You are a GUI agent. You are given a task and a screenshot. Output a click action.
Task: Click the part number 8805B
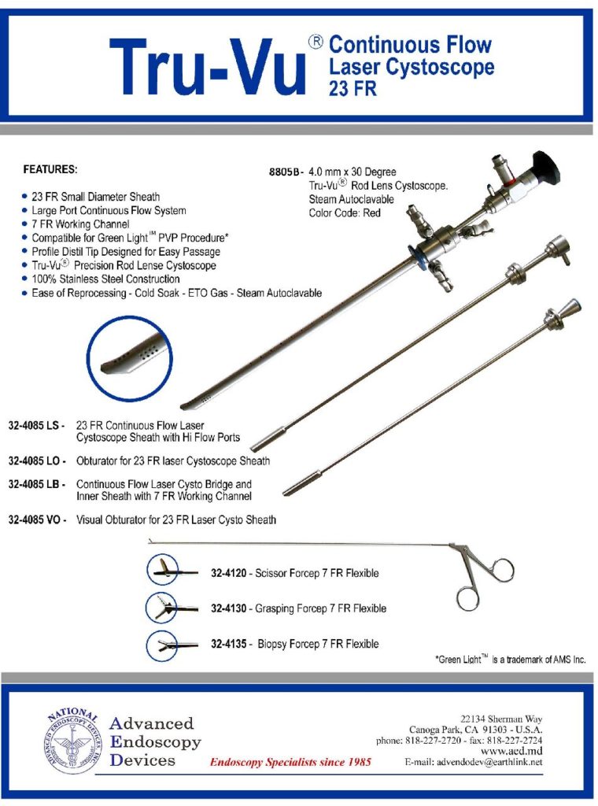283,172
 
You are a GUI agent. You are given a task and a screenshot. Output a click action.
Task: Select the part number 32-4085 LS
34,426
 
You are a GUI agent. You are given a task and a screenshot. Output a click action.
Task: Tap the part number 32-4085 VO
35,519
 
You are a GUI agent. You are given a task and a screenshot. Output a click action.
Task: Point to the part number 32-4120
229,573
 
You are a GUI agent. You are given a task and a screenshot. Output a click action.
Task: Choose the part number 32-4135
229,644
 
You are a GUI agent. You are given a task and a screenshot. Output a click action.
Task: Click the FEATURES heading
50,169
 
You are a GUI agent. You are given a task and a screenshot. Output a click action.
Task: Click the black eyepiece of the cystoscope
544,168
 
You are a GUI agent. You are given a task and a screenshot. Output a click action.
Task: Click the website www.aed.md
511,751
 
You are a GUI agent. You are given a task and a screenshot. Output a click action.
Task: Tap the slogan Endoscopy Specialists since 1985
290,762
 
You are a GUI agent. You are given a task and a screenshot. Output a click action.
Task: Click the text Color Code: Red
345,213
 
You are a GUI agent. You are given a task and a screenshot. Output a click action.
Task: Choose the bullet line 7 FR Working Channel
80,224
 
